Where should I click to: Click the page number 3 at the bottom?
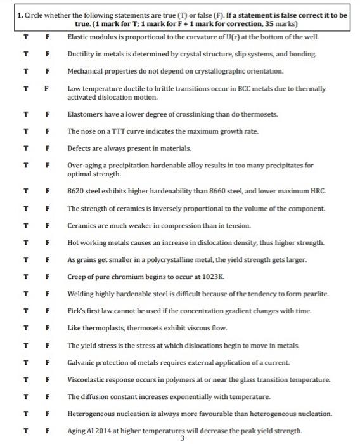tap(182, 438)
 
